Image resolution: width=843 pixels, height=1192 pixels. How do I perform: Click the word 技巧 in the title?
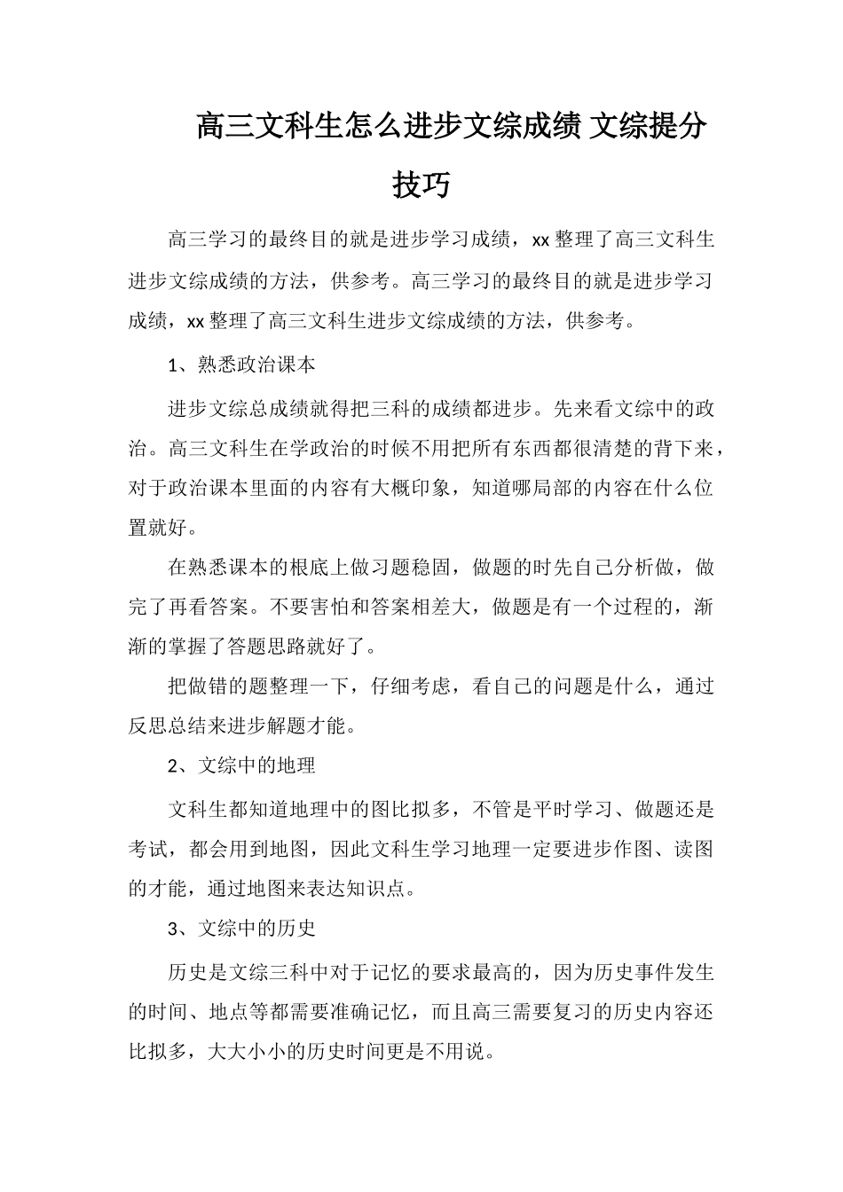(421, 185)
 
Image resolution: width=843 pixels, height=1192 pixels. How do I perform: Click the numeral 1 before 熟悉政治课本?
(174, 365)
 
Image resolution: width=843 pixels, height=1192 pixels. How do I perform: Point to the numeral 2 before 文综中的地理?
(174, 765)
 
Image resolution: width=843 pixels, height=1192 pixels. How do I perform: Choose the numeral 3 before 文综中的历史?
(174, 929)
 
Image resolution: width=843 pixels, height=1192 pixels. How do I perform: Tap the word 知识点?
(380, 888)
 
